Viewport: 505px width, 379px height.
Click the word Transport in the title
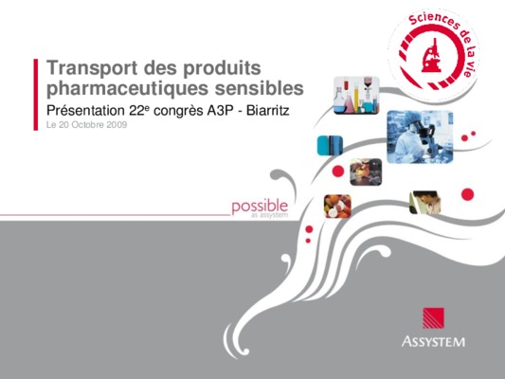pyautogui.click(x=93, y=68)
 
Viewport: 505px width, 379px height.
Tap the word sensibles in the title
pyautogui.click(x=260, y=87)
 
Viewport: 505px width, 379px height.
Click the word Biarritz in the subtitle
pyautogui.click(x=267, y=111)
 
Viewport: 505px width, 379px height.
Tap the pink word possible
pyautogui.click(x=260, y=207)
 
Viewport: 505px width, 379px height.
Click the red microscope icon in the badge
pyautogui.click(x=431, y=55)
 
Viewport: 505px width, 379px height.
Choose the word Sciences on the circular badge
pyautogui.click(x=434, y=20)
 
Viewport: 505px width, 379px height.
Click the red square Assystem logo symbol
pyautogui.click(x=434, y=318)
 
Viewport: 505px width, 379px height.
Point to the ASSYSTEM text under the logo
pyautogui.click(x=433, y=341)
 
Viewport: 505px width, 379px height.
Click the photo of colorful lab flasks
pyautogui.click(x=356, y=96)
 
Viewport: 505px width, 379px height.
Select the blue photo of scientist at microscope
pyautogui.click(x=420, y=136)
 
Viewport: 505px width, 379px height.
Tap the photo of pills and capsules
pyautogui.click(x=337, y=207)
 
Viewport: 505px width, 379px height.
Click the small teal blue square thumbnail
pyautogui.click(x=330, y=145)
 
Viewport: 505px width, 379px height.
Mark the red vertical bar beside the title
pyautogui.click(x=36, y=95)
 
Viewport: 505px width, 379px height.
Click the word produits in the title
pyautogui.click(x=222, y=68)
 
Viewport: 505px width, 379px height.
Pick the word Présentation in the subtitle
pyautogui.click(x=85, y=111)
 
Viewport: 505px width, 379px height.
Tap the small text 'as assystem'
pyautogui.click(x=270, y=215)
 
